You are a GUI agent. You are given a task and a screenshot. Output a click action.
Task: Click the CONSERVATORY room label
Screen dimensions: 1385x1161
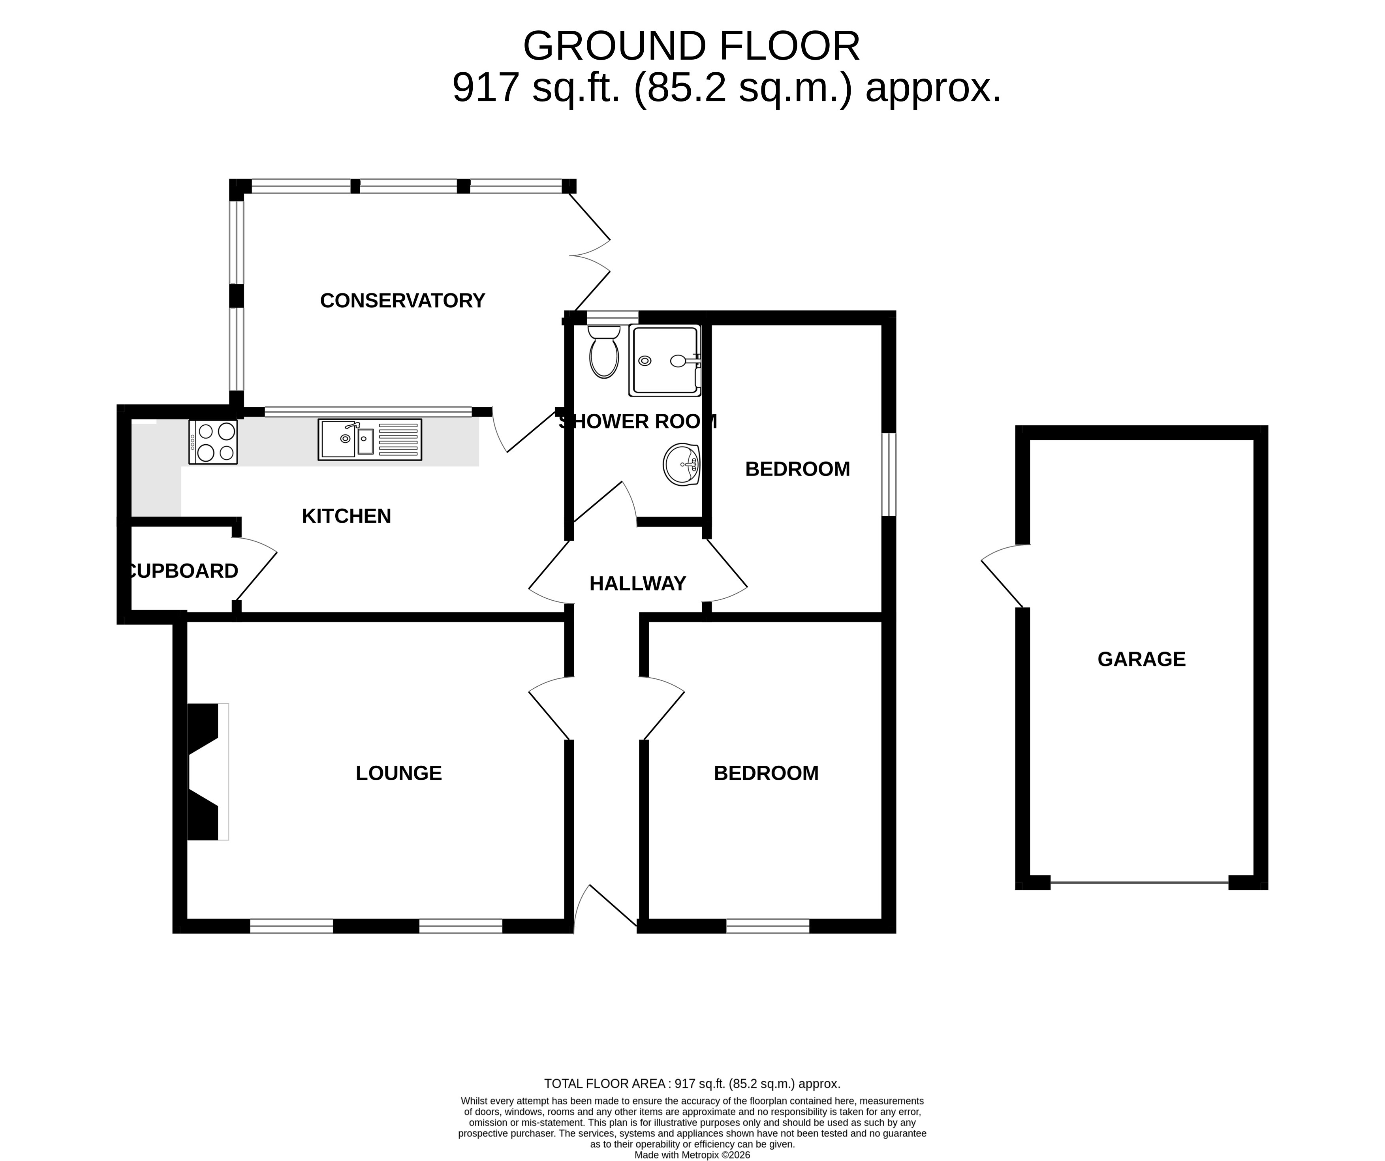[402, 301]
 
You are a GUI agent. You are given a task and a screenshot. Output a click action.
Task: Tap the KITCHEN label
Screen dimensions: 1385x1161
[346, 516]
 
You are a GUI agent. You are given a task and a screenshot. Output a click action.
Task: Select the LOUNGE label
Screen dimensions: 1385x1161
[398, 773]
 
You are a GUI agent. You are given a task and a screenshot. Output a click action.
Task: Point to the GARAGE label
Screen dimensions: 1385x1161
[1142, 659]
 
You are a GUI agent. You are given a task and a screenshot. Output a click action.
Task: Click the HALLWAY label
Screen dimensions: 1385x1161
[638, 583]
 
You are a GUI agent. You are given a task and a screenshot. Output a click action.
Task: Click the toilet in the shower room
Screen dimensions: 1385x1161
[603, 351]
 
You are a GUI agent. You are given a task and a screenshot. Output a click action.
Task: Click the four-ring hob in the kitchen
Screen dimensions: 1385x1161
[213, 442]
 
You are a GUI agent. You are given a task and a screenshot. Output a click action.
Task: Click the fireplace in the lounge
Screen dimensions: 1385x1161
[208, 772]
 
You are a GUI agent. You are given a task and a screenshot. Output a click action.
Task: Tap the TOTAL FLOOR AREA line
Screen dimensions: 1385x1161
[692, 1084]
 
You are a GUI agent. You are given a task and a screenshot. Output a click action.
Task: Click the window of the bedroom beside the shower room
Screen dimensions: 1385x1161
[889, 474]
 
